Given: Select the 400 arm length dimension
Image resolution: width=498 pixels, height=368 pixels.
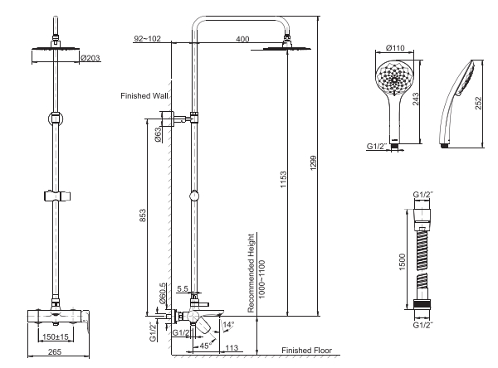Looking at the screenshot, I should [242, 39].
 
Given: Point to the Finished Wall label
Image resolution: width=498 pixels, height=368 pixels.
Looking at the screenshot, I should [144, 95].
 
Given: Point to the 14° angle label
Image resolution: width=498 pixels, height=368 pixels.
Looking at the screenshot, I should [228, 325].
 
